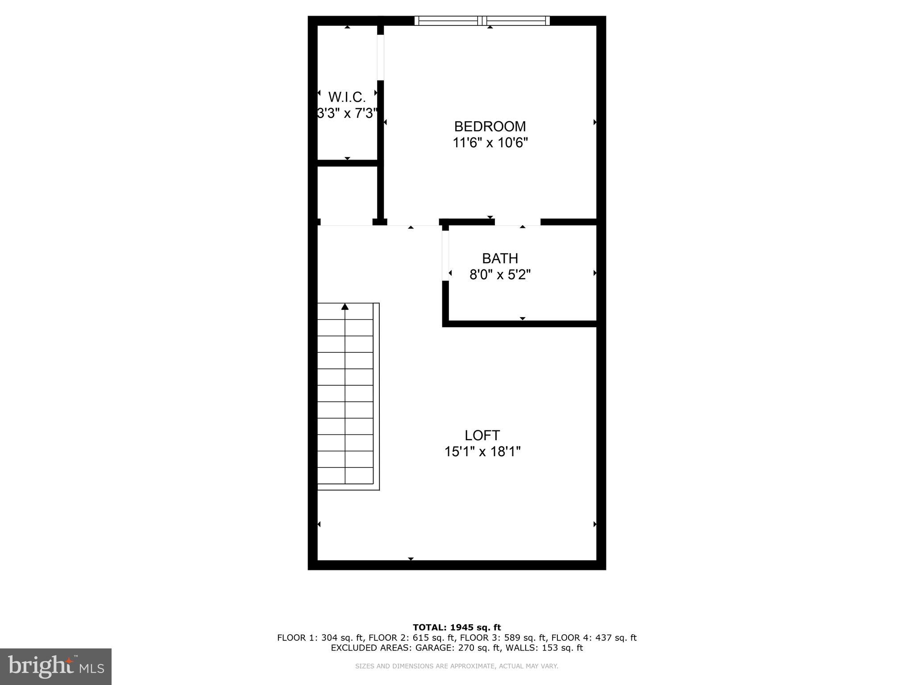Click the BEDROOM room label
tap(490, 127)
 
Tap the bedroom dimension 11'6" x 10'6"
tap(490, 143)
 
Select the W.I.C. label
tap(347, 97)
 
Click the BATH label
tap(500, 259)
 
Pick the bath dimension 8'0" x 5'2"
tap(500, 275)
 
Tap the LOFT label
tap(482, 435)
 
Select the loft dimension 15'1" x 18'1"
tap(482, 452)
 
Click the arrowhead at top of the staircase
tap(345, 306)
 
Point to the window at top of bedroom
tap(482, 21)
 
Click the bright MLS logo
tap(55, 666)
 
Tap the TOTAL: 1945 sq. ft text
tap(457, 627)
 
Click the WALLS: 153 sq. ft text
tap(562, 648)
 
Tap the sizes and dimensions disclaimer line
tap(457, 666)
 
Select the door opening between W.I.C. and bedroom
tap(380, 58)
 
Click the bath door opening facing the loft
tap(445, 256)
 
